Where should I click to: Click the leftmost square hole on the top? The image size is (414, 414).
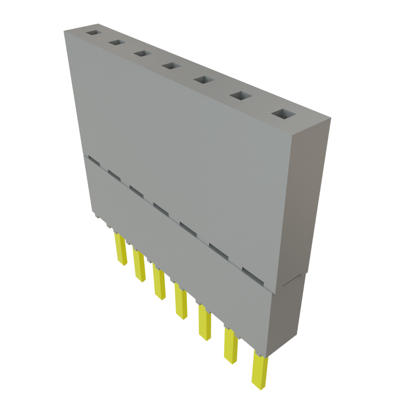pos(94,32)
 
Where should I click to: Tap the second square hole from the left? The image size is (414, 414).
pos(116,42)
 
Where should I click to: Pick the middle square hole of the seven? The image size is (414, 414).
pos(171,65)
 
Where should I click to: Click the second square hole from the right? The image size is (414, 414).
pos(240,96)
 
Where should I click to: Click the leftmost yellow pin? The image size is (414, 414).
pos(120,250)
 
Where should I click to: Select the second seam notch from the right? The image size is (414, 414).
pos(219,251)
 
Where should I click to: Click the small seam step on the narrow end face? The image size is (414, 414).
pos(292,280)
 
